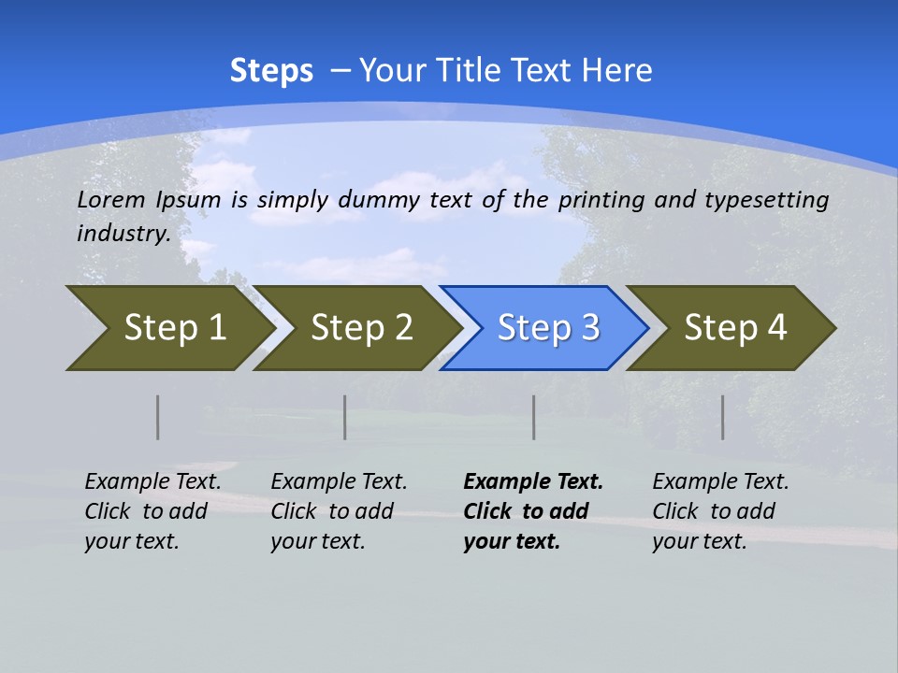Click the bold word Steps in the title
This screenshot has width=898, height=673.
tap(271, 71)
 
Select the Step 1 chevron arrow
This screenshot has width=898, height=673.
tap(168, 328)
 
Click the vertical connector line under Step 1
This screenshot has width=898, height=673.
tap(158, 417)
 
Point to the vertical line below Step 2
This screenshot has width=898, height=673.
tap(345, 417)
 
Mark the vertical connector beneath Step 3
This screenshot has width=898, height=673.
tap(534, 417)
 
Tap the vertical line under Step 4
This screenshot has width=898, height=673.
tap(723, 417)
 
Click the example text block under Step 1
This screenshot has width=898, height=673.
tap(152, 511)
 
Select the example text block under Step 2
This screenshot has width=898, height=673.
tap(339, 511)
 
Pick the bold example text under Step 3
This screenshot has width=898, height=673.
tap(533, 511)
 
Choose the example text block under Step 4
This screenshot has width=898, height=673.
tap(720, 511)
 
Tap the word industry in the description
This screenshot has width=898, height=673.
tap(123, 234)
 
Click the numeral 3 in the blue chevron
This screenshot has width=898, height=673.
tap(589, 328)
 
